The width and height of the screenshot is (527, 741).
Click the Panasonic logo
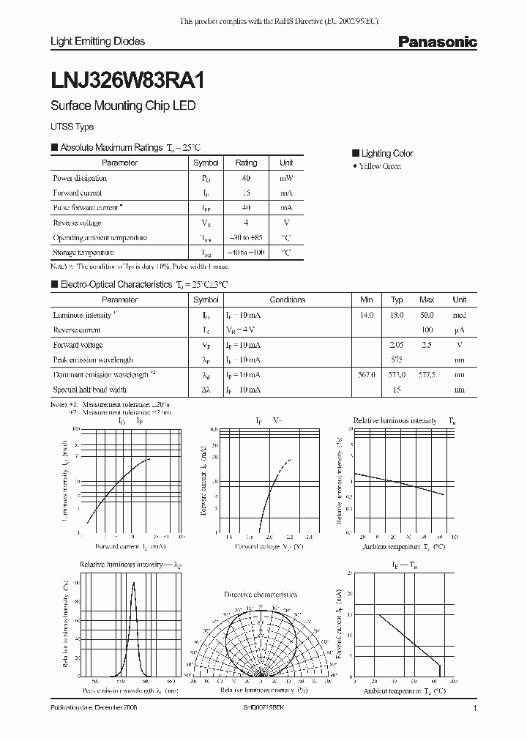pos(437,42)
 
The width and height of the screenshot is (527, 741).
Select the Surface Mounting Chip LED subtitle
pos(123,105)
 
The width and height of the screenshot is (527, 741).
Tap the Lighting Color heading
pos(386,153)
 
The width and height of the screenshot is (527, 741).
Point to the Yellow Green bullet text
pos(380,167)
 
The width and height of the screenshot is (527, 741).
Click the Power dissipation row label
pos(80,178)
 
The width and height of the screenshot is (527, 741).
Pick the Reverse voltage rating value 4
pos(246,223)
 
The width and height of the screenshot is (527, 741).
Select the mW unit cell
pos(286,178)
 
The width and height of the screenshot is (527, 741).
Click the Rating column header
pos(246,163)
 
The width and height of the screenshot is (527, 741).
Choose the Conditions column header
pos(288,299)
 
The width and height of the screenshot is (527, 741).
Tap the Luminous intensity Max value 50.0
pos(427,315)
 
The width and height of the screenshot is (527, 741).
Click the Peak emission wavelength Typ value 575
pos(397,360)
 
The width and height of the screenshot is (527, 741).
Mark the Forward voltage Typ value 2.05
pos(397,345)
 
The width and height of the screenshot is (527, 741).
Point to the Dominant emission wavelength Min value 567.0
pos(367,375)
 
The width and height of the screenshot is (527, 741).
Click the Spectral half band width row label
pos(89,390)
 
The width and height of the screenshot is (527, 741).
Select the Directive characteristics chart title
pos(260,595)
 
